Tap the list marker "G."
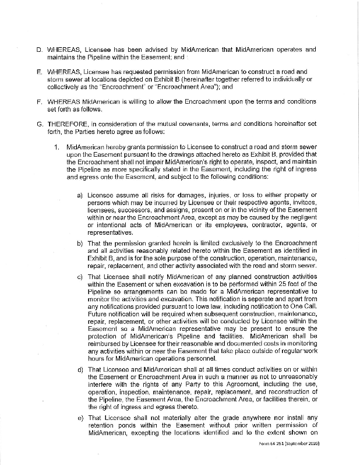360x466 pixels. tap(40, 124)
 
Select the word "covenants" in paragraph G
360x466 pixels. tap(193, 124)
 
